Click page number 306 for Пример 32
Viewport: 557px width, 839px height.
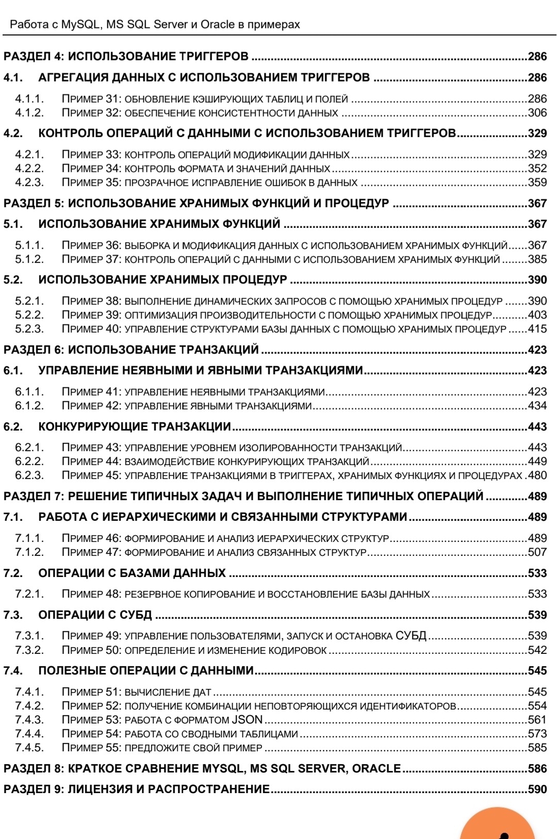pos(537,113)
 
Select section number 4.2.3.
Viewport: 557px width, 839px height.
pos(29,183)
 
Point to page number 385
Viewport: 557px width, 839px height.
pos(537,259)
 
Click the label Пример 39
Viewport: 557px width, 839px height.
pos(91,315)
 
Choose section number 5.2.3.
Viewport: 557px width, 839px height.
pos(29,329)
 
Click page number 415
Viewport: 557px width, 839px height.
pos(537,329)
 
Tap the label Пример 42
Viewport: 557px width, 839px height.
pos(91,406)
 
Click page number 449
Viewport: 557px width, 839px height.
pos(537,462)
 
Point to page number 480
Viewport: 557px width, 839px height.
pos(537,475)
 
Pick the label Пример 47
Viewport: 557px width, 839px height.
pos(91,552)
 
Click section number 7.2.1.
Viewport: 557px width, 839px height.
pos(29,594)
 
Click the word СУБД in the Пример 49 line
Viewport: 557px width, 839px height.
pos(411,636)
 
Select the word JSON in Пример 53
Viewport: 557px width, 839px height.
pos(247,720)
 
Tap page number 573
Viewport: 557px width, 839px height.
pos(537,734)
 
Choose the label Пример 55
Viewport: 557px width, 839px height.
pos(91,748)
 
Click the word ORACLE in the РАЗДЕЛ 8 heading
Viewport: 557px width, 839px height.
pos(376,768)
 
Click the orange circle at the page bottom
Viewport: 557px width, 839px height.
pos(497,825)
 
